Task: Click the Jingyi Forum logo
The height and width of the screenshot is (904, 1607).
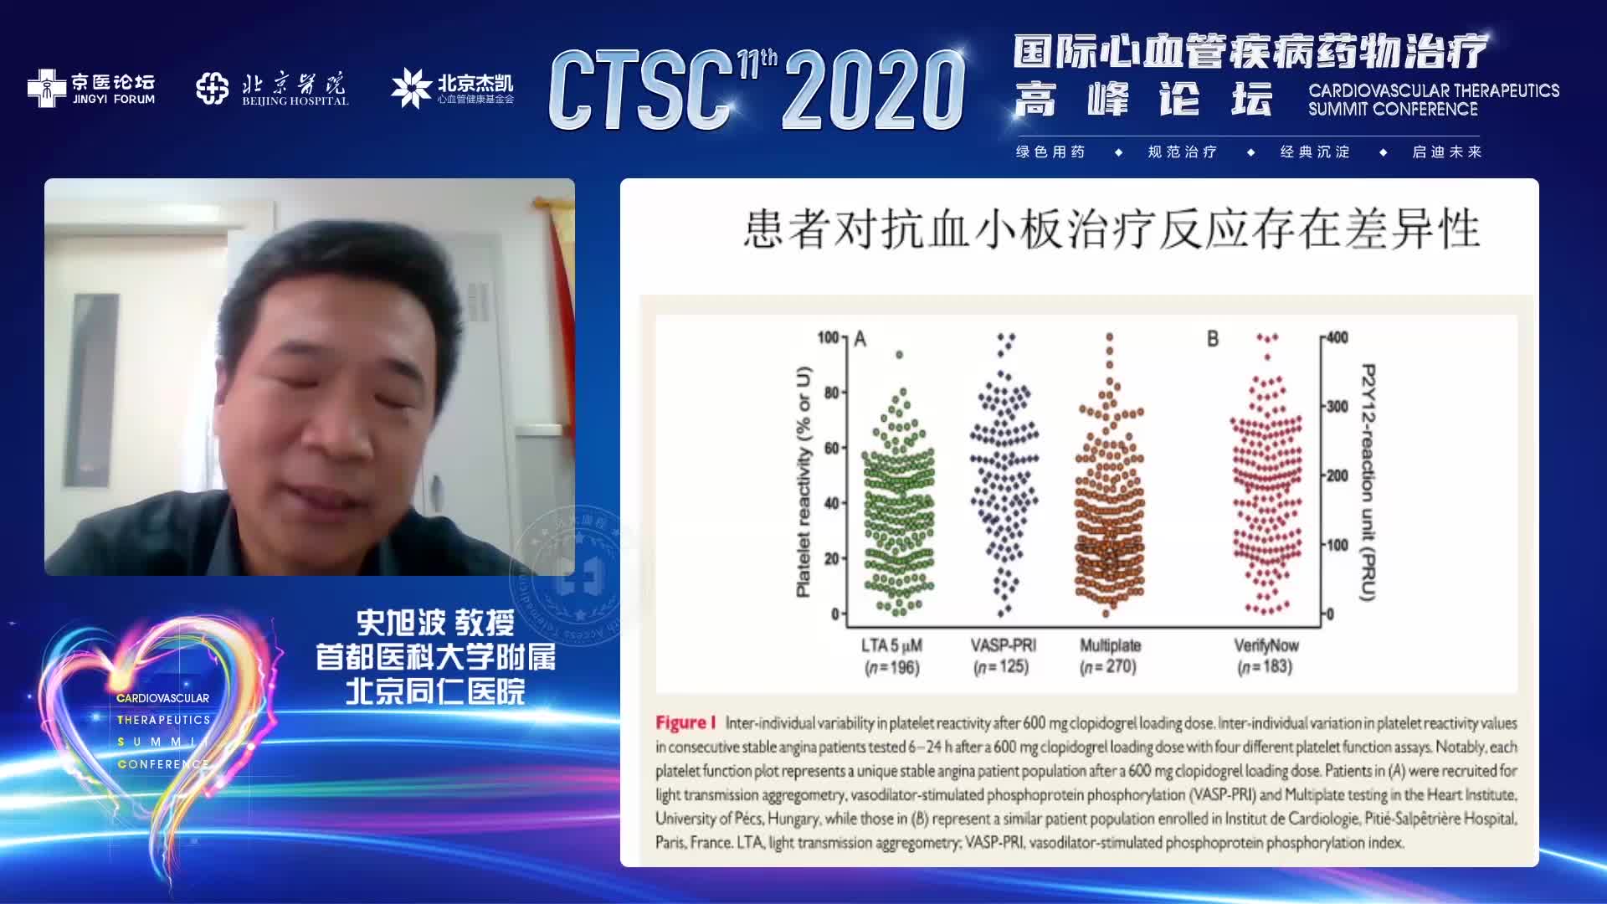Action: (x=91, y=88)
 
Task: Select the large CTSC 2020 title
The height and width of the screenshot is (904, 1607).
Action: (x=757, y=90)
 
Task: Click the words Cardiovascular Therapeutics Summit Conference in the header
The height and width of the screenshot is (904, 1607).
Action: (x=1433, y=100)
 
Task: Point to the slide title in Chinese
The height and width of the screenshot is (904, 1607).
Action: (x=1112, y=229)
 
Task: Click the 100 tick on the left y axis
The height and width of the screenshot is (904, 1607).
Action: (x=828, y=337)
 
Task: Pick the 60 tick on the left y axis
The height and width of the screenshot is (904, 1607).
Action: (x=831, y=448)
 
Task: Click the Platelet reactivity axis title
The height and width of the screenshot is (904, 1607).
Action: (x=803, y=481)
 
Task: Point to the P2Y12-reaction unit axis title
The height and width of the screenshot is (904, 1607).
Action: (x=1368, y=481)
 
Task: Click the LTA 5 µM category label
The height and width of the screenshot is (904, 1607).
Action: (x=891, y=645)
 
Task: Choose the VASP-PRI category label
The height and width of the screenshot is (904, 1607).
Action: (x=1003, y=645)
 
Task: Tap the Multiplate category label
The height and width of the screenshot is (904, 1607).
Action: (x=1110, y=645)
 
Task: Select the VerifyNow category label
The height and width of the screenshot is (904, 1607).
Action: (x=1266, y=645)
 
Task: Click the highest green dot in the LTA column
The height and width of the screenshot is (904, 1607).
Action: (x=900, y=355)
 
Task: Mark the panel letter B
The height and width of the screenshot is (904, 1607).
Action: (x=1213, y=339)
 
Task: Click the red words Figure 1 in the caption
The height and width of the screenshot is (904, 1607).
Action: (x=685, y=722)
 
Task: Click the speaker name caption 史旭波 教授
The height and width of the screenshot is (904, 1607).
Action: (x=435, y=623)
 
